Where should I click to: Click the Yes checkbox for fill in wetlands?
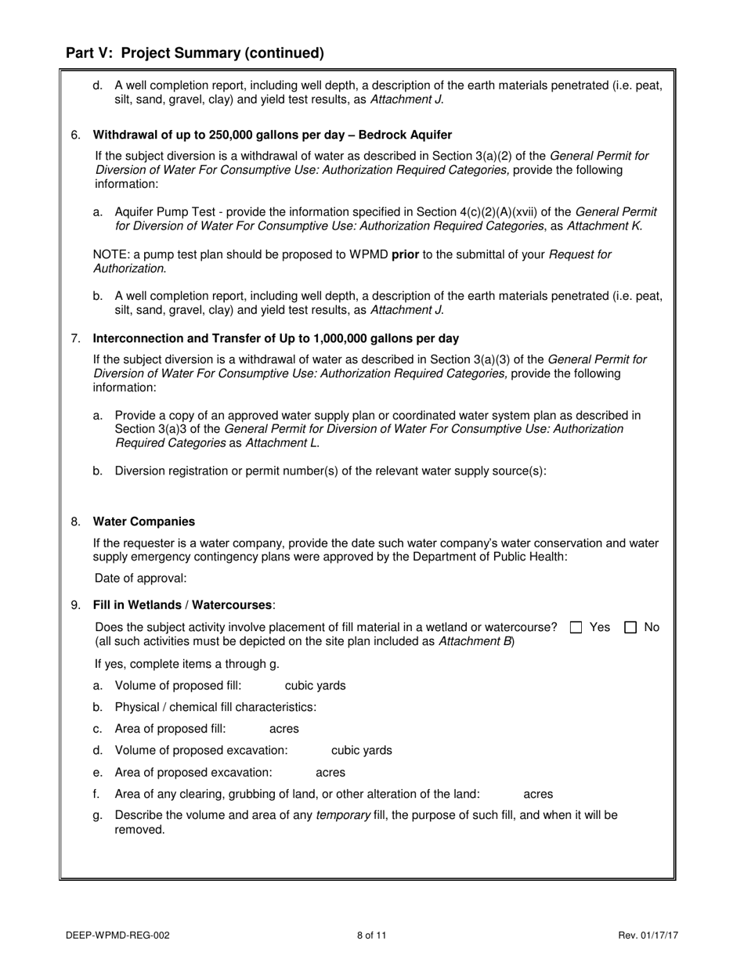(x=576, y=627)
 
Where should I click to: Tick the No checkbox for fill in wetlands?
(x=630, y=627)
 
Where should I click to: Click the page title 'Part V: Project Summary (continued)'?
(x=194, y=53)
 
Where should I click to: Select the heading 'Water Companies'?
(x=144, y=521)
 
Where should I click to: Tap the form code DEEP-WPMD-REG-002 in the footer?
(x=117, y=935)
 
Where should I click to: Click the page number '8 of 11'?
(x=372, y=935)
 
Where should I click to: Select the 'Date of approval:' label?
(x=141, y=579)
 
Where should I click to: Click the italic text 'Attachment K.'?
(x=605, y=226)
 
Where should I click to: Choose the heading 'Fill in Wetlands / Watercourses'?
(x=183, y=605)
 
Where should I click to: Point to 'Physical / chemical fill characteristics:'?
(x=215, y=707)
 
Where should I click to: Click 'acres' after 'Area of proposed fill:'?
(x=284, y=729)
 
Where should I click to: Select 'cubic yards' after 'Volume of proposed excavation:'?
(x=362, y=750)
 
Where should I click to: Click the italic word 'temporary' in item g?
(x=342, y=815)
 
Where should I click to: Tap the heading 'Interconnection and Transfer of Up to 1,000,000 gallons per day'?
(x=276, y=338)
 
